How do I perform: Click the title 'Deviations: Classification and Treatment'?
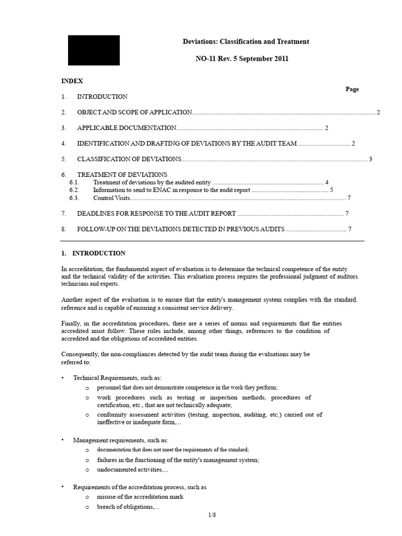[245, 41]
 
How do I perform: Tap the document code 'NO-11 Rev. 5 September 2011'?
[242, 59]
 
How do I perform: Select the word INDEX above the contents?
[72, 81]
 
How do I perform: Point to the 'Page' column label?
[352, 89]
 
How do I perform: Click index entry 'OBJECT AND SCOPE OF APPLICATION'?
[135, 113]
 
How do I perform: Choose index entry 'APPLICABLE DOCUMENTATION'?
[126, 128]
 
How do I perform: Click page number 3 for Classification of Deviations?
[370, 159]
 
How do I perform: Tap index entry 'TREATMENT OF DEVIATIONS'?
[122, 174]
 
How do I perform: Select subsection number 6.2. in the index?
[74, 190]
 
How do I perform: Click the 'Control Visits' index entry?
[111, 198]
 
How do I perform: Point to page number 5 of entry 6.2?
[331, 190]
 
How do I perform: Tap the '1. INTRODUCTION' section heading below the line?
[93, 253]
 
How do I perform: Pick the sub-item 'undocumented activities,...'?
[132, 470]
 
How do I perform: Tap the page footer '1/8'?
[212, 516]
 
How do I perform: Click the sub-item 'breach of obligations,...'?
[128, 507]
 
